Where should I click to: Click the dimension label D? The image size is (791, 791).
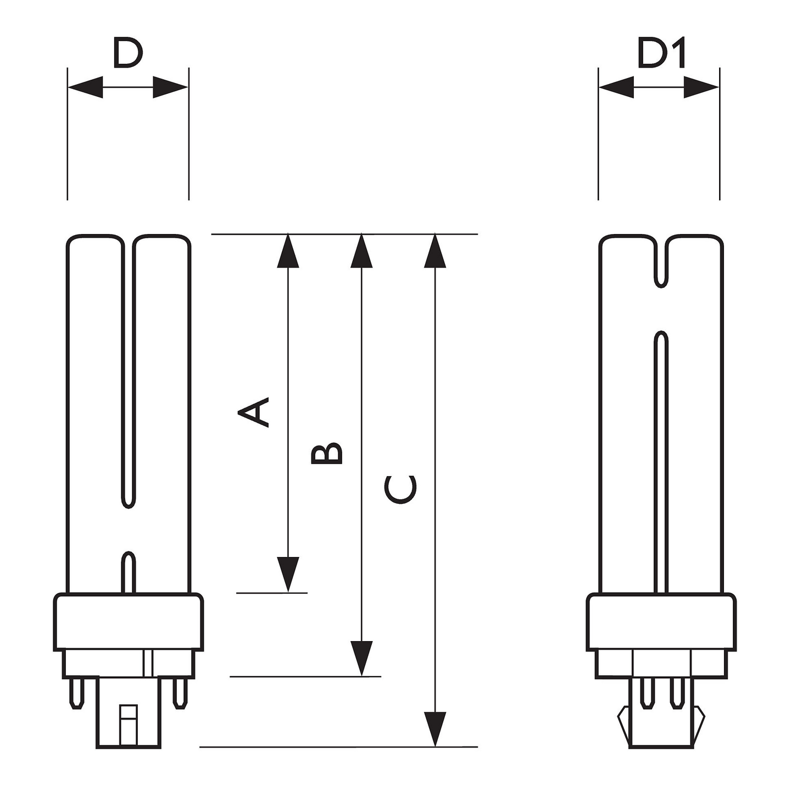(127, 53)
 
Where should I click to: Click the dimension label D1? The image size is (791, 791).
(661, 54)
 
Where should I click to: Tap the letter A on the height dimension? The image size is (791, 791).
(254, 412)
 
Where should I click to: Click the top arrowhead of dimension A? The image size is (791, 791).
(288, 251)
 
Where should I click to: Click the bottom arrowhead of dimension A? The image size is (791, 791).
(288, 574)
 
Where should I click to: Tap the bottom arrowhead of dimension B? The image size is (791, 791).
(361, 658)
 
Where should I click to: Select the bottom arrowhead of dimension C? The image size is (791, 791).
(435, 729)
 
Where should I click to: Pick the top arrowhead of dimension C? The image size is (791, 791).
(435, 251)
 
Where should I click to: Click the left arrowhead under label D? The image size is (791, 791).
(86, 87)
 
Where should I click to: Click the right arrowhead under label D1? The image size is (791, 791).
(701, 87)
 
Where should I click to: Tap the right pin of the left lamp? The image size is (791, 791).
(179, 693)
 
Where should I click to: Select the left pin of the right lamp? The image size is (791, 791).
(648, 692)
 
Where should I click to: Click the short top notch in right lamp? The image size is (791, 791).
(662, 264)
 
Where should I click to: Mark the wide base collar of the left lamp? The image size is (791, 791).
(129, 622)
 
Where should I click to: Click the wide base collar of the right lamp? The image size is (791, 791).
(661, 622)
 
